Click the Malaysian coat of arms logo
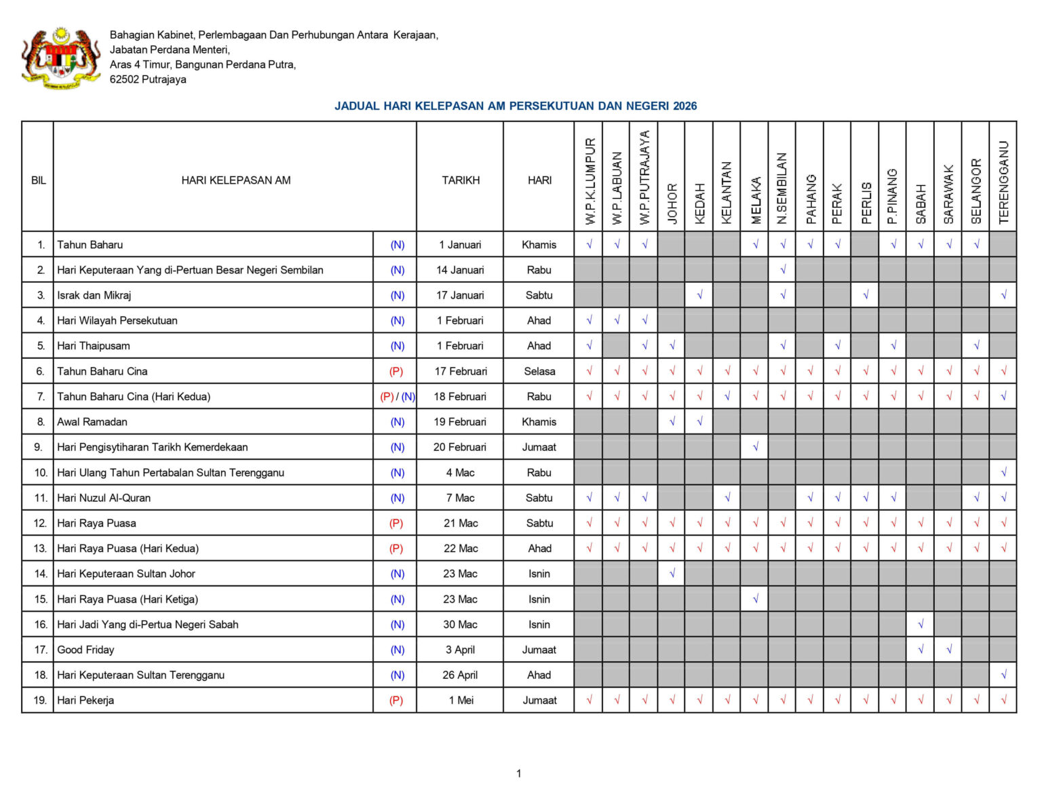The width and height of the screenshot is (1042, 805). (61, 58)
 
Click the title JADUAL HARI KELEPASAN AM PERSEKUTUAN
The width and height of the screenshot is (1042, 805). (515, 106)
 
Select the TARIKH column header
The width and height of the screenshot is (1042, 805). (461, 180)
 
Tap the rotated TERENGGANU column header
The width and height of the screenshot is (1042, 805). (1003, 182)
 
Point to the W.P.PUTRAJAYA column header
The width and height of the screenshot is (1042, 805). (644, 178)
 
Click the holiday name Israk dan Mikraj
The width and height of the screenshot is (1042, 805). (94, 295)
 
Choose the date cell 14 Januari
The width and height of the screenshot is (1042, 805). (460, 270)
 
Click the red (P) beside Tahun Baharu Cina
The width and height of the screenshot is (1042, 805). (396, 371)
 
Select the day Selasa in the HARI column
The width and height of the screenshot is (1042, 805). (539, 371)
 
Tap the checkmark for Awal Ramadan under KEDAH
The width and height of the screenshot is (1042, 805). (699, 422)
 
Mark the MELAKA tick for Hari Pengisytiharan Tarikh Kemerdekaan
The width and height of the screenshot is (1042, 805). (755, 447)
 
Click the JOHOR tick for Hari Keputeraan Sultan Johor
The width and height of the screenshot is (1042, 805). (672, 574)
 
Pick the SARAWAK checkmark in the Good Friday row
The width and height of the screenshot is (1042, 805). (948, 650)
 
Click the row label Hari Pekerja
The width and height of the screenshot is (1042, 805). (85, 700)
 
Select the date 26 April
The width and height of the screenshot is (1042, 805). (460, 675)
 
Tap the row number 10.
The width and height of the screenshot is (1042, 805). (41, 473)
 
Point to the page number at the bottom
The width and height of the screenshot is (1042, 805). (519, 773)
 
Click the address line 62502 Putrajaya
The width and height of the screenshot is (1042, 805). (148, 79)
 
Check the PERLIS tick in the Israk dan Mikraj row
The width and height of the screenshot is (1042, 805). (865, 295)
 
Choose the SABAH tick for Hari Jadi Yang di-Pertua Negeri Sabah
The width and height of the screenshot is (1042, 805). (921, 625)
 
